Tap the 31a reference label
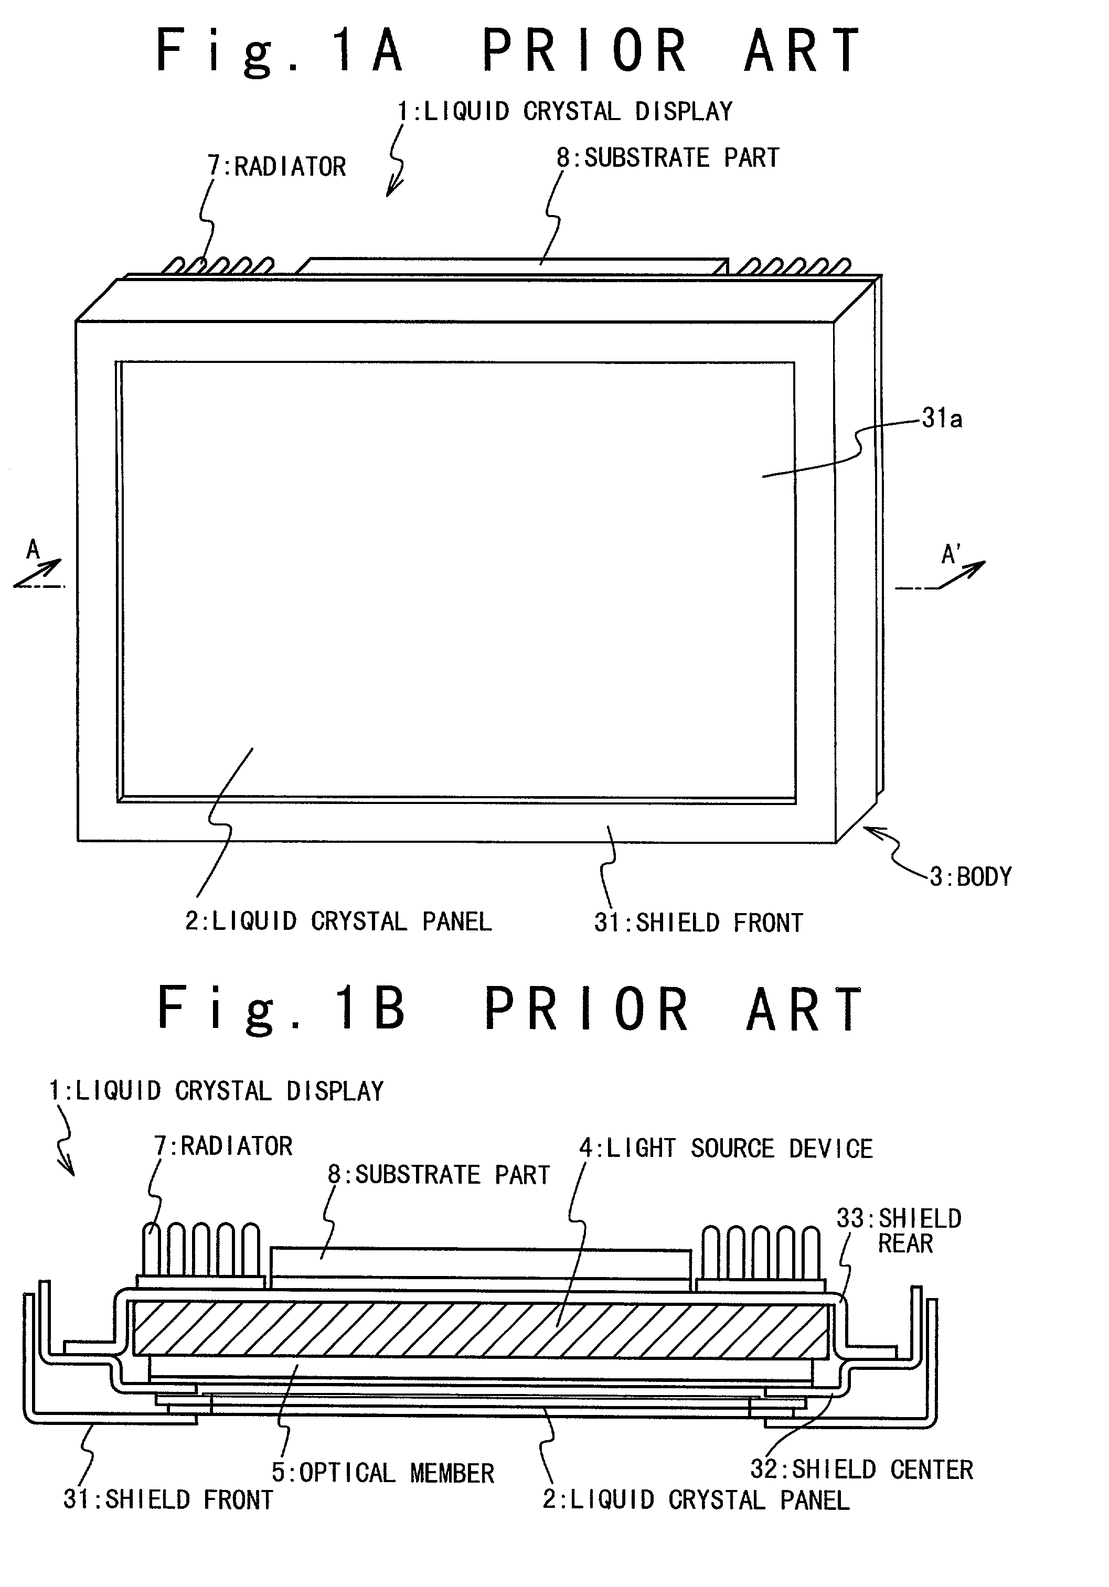[942, 419]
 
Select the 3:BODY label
[971, 876]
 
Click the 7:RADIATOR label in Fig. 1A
[276, 167]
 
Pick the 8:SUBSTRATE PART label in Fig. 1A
[668, 157]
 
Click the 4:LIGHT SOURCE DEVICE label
[726, 1148]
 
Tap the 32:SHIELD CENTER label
[861, 1469]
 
